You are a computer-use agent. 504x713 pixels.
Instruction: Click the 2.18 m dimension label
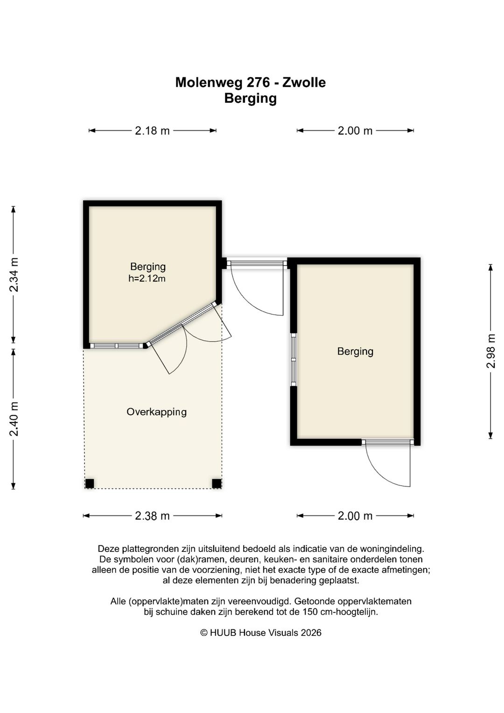point(152,130)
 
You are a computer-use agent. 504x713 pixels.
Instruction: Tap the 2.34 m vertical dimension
point(14,275)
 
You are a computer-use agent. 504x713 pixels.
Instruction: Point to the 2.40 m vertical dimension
point(14,419)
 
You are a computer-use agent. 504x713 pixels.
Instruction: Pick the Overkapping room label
point(156,412)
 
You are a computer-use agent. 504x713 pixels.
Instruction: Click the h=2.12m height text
point(147,278)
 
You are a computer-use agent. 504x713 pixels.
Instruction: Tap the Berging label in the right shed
point(355,352)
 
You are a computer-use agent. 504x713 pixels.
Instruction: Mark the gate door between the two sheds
point(257,287)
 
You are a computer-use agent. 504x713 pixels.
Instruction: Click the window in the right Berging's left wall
point(294,360)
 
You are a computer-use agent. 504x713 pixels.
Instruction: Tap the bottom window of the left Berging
point(117,346)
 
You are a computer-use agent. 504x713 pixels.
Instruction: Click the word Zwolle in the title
point(304,83)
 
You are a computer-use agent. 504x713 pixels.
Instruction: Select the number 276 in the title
point(258,83)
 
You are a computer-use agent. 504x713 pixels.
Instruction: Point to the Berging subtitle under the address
point(251,99)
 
